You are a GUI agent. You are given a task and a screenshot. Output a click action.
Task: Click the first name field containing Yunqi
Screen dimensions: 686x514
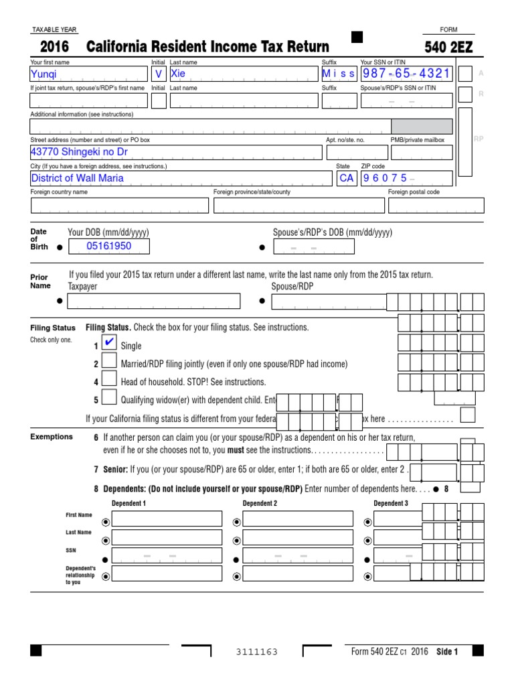click(x=88, y=74)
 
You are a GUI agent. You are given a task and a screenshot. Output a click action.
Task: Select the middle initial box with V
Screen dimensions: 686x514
click(x=159, y=74)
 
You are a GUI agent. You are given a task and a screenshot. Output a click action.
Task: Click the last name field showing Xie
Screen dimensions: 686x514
click(x=244, y=74)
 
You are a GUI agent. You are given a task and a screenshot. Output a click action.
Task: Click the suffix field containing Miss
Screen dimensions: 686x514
click(x=339, y=74)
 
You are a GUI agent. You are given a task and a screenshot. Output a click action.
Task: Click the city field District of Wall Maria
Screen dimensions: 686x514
click(x=181, y=178)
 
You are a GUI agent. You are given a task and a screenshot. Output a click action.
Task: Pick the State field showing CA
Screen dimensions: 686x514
click(x=347, y=178)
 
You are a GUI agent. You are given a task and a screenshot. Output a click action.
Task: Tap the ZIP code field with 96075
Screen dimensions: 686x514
click(x=406, y=178)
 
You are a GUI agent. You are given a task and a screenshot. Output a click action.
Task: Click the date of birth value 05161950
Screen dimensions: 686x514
click(x=109, y=247)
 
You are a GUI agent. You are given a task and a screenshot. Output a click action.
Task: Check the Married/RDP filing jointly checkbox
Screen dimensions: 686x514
click(x=109, y=363)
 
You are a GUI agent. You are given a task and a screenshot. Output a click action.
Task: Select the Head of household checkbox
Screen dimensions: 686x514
click(x=109, y=381)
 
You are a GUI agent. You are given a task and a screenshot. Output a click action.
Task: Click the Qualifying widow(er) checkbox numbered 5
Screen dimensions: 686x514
click(x=109, y=399)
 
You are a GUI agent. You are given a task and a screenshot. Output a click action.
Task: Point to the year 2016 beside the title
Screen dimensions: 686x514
click(x=54, y=47)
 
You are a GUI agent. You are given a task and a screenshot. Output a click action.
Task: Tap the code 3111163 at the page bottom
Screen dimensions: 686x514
click(x=257, y=652)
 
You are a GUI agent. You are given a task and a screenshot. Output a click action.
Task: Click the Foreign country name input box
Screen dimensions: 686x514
click(x=118, y=205)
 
